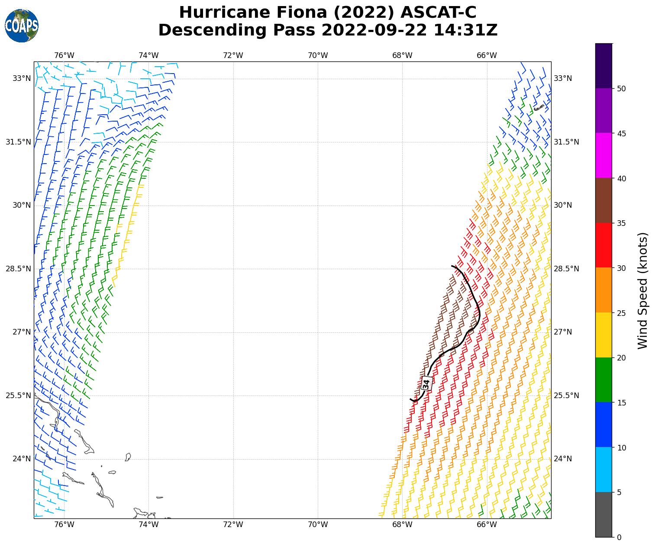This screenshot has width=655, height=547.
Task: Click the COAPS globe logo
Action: pyautogui.click(x=22, y=26)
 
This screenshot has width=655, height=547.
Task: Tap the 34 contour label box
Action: pyautogui.click(x=426, y=383)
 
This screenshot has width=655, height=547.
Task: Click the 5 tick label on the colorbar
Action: pyautogui.click(x=620, y=492)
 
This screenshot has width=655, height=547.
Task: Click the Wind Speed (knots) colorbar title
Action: pyautogui.click(x=643, y=290)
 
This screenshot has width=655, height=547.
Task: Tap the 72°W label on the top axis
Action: pyautogui.click(x=233, y=55)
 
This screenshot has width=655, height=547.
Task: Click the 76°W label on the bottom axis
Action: pyautogui.click(x=64, y=525)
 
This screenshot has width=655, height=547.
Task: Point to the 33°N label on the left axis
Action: pyautogui.click(x=22, y=78)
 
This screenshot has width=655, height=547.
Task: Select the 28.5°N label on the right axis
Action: pyautogui.click(x=567, y=269)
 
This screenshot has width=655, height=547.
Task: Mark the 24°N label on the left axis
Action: pyautogui.click(x=22, y=459)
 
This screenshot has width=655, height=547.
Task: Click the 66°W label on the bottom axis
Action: pyautogui.click(x=487, y=525)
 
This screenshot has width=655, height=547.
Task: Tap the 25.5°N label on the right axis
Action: pyautogui.click(x=567, y=396)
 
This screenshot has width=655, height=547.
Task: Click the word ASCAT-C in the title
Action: pyautogui.click(x=439, y=13)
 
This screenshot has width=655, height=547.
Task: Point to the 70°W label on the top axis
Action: pyautogui.click(x=318, y=55)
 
